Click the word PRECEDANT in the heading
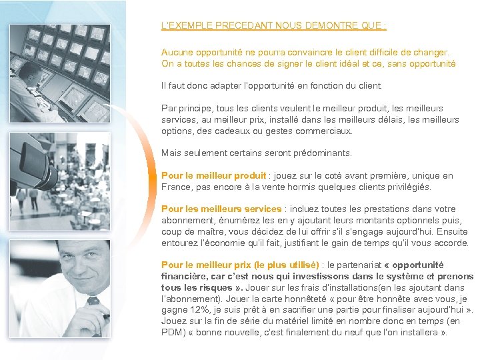[231, 26]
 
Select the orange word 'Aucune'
[175, 52]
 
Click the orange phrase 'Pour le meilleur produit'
[213, 176]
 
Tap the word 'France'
[175, 187]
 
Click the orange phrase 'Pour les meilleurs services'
[221, 209]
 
